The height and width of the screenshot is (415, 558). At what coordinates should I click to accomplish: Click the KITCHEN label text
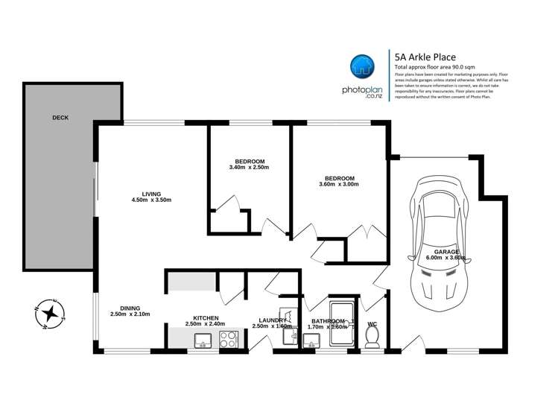(x=205, y=317)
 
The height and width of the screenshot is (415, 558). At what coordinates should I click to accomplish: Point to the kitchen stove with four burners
(x=228, y=340)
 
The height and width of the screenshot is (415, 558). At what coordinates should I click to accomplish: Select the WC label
(x=372, y=323)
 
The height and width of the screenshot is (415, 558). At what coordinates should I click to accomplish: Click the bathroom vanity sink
(x=312, y=340)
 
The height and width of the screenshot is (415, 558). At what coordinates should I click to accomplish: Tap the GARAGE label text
(x=447, y=252)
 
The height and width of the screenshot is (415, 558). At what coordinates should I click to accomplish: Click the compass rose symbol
(x=51, y=314)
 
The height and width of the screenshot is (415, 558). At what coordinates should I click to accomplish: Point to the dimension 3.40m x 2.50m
(x=250, y=168)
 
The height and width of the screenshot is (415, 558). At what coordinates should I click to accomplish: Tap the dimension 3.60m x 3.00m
(x=338, y=184)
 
